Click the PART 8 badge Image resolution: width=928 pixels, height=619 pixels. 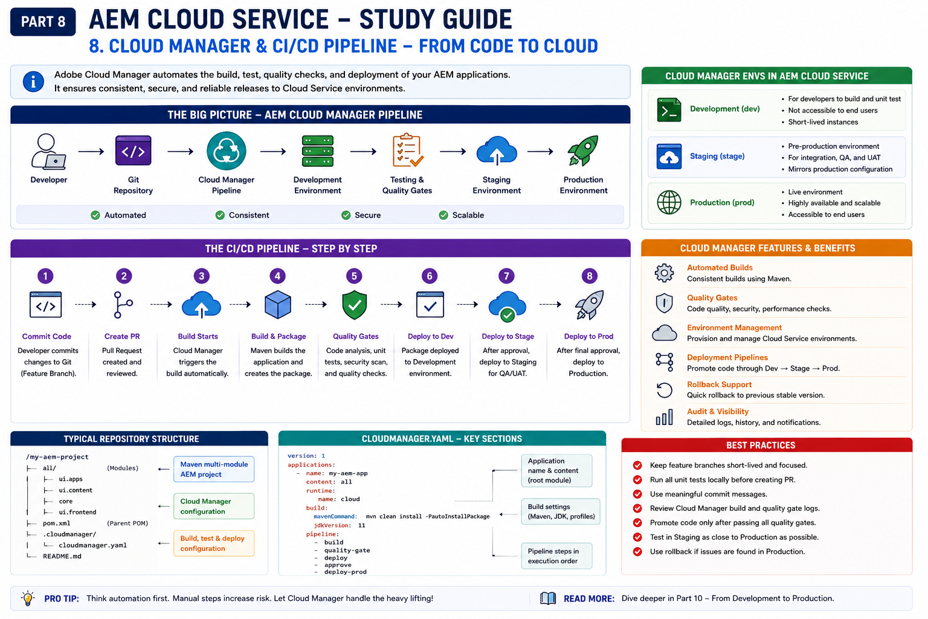click(43, 22)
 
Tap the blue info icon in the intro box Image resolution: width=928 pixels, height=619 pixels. click(33, 81)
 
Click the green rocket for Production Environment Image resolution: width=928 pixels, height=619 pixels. click(583, 151)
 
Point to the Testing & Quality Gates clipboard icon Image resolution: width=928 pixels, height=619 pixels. click(408, 150)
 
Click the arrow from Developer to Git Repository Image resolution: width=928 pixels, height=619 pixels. click(91, 152)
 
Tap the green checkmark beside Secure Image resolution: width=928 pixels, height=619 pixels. click(346, 215)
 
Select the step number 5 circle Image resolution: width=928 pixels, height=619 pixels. click(354, 276)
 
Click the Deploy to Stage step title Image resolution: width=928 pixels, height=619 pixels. click(507, 336)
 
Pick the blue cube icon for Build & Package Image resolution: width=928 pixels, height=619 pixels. click(277, 305)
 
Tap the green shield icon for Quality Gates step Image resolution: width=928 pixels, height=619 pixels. click(355, 305)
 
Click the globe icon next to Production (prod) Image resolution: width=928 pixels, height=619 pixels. click(669, 203)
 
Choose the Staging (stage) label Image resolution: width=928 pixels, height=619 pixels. click(717, 157)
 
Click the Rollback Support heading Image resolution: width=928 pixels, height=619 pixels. click(719, 384)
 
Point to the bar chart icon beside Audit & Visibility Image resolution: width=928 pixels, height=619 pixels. click(665, 416)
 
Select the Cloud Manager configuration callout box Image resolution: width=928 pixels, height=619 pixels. click(214, 506)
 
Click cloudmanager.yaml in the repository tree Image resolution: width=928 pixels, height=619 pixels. click(93, 545)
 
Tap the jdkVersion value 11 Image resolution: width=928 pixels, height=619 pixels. click(362, 525)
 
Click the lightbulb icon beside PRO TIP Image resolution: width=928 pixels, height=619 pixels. click(28, 598)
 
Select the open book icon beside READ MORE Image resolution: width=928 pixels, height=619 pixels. click(548, 598)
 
